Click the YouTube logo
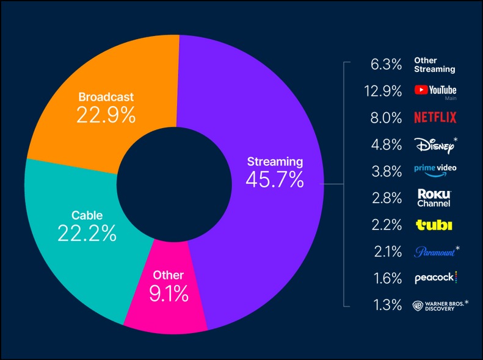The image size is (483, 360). (435, 90)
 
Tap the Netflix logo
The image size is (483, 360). (435, 117)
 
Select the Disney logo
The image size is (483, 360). (434, 145)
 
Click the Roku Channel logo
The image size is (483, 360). (434, 198)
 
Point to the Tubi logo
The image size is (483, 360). (434, 225)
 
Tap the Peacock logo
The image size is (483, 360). (435, 278)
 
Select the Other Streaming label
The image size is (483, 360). (434, 65)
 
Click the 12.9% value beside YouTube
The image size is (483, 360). (387, 91)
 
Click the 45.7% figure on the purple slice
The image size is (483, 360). (275, 179)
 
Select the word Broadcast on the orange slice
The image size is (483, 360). (106, 96)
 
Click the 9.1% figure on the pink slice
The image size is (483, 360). (169, 294)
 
